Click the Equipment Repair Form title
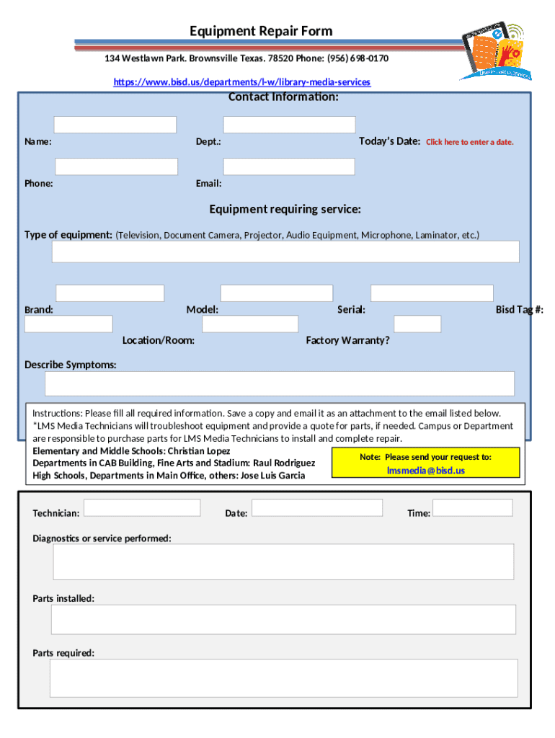[x=261, y=31]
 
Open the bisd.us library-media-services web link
[x=242, y=82]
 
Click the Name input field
[x=115, y=125]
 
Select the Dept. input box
[x=289, y=125]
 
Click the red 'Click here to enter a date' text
[x=469, y=142]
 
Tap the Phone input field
[x=116, y=167]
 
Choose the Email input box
[x=289, y=167]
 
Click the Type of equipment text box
[x=285, y=252]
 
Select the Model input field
[x=276, y=293]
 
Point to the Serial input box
[x=432, y=293]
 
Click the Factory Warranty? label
[x=347, y=340]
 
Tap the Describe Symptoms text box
[x=280, y=383]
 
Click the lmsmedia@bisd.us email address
[x=425, y=471]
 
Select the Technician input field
[x=142, y=507]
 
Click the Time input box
[x=472, y=507]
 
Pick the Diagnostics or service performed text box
[x=283, y=561]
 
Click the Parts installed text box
[x=283, y=619]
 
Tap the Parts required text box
[x=283, y=678]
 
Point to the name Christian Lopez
[x=199, y=450]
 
